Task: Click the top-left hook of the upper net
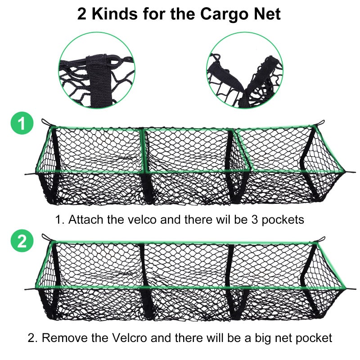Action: tap(45, 122)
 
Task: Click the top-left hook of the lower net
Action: tap(45, 237)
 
